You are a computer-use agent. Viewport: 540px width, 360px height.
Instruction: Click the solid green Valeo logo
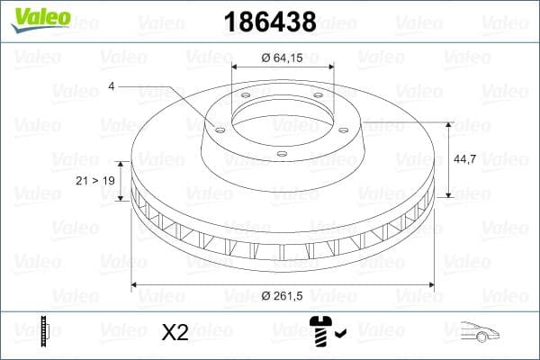click(x=36, y=19)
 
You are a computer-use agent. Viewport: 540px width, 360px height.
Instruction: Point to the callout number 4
click(x=111, y=86)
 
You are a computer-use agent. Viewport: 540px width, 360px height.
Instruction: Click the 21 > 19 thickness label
click(x=94, y=180)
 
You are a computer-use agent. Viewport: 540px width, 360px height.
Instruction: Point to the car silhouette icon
click(x=481, y=333)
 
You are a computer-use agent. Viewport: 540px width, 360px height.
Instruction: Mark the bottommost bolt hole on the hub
click(x=282, y=154)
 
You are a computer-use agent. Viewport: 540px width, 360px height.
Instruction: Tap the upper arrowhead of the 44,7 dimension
click(x=449, y=125)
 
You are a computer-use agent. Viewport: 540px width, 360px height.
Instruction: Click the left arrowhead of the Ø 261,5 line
click(x=136, y=284)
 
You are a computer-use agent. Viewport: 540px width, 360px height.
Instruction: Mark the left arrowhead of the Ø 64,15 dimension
click(x=236, y=67)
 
